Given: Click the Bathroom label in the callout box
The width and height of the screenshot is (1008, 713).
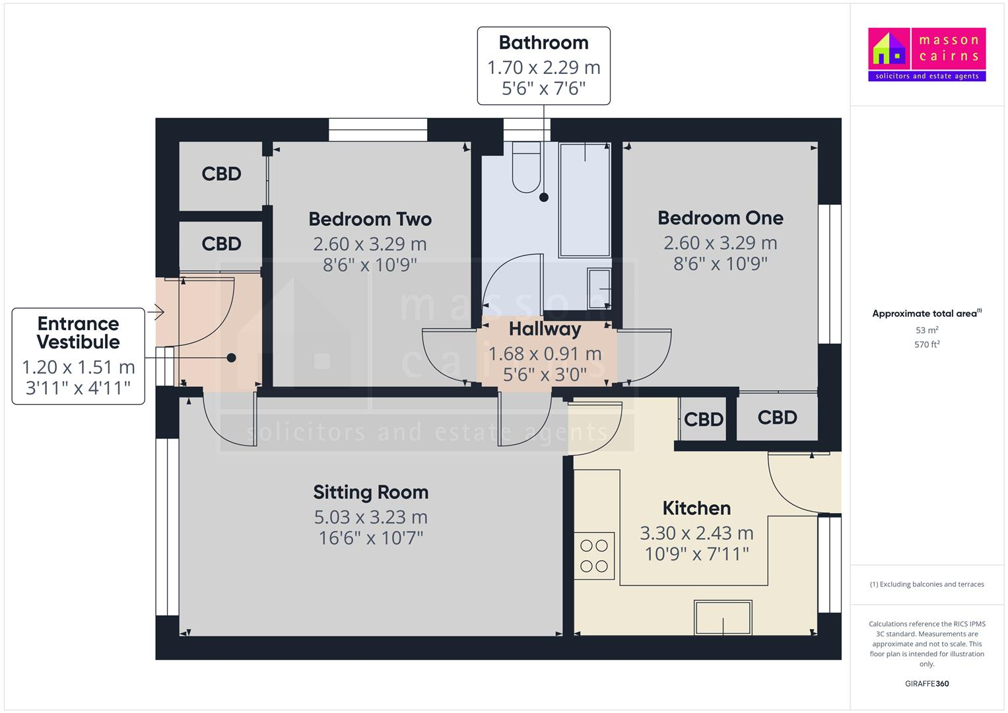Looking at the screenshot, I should point(543,43).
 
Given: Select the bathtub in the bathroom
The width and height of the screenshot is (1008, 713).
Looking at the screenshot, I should point(584,199).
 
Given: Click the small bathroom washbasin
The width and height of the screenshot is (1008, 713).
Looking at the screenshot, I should point(599,289).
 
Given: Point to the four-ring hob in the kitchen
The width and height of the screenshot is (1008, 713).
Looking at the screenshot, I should point(593,556).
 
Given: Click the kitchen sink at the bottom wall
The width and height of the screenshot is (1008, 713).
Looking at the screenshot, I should point(723,617).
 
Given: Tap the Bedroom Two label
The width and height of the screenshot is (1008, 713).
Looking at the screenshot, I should point(370,219).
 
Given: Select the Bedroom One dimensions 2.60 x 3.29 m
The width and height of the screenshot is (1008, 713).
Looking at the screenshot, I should point(720,243).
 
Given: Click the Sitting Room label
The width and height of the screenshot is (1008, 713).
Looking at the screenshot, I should point(370,492).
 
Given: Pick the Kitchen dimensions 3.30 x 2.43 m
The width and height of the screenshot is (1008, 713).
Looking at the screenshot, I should point(696,533).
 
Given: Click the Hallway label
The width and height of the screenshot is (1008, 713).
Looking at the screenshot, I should point(545,329).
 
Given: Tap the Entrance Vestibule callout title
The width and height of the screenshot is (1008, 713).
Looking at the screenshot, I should point(78,333).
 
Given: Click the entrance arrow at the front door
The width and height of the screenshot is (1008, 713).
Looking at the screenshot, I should point(158,311).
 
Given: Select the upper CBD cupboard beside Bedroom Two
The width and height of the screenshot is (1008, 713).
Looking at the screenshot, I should point(221,174).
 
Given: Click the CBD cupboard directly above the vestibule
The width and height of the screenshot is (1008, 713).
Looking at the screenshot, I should point(221,244).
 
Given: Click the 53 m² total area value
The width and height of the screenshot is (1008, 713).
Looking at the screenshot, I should point(927,330).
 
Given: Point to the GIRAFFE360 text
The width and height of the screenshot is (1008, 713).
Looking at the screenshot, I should point(926,684).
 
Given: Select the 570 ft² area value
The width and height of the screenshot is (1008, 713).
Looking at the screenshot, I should point(927,345).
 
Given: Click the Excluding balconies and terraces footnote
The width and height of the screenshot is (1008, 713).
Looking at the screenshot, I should point(927,584).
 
